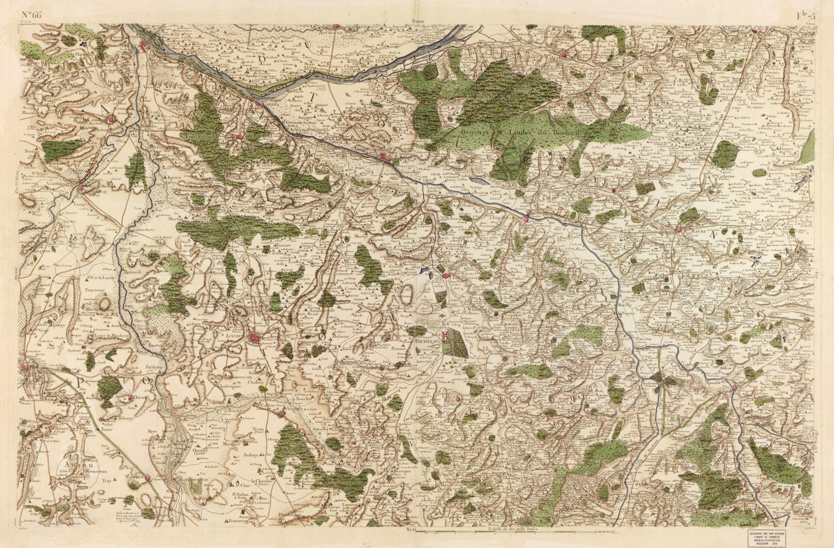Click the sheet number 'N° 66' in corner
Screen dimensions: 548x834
(31, 15)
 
